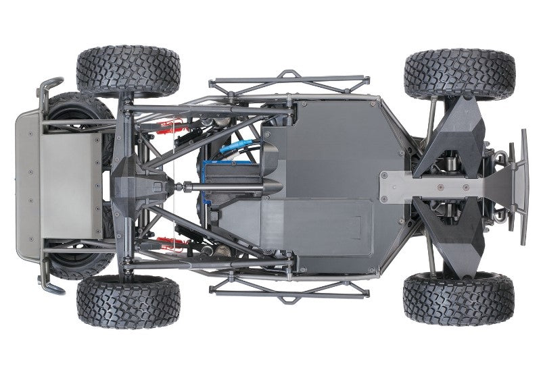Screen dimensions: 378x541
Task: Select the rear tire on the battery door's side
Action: pos(128,300)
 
